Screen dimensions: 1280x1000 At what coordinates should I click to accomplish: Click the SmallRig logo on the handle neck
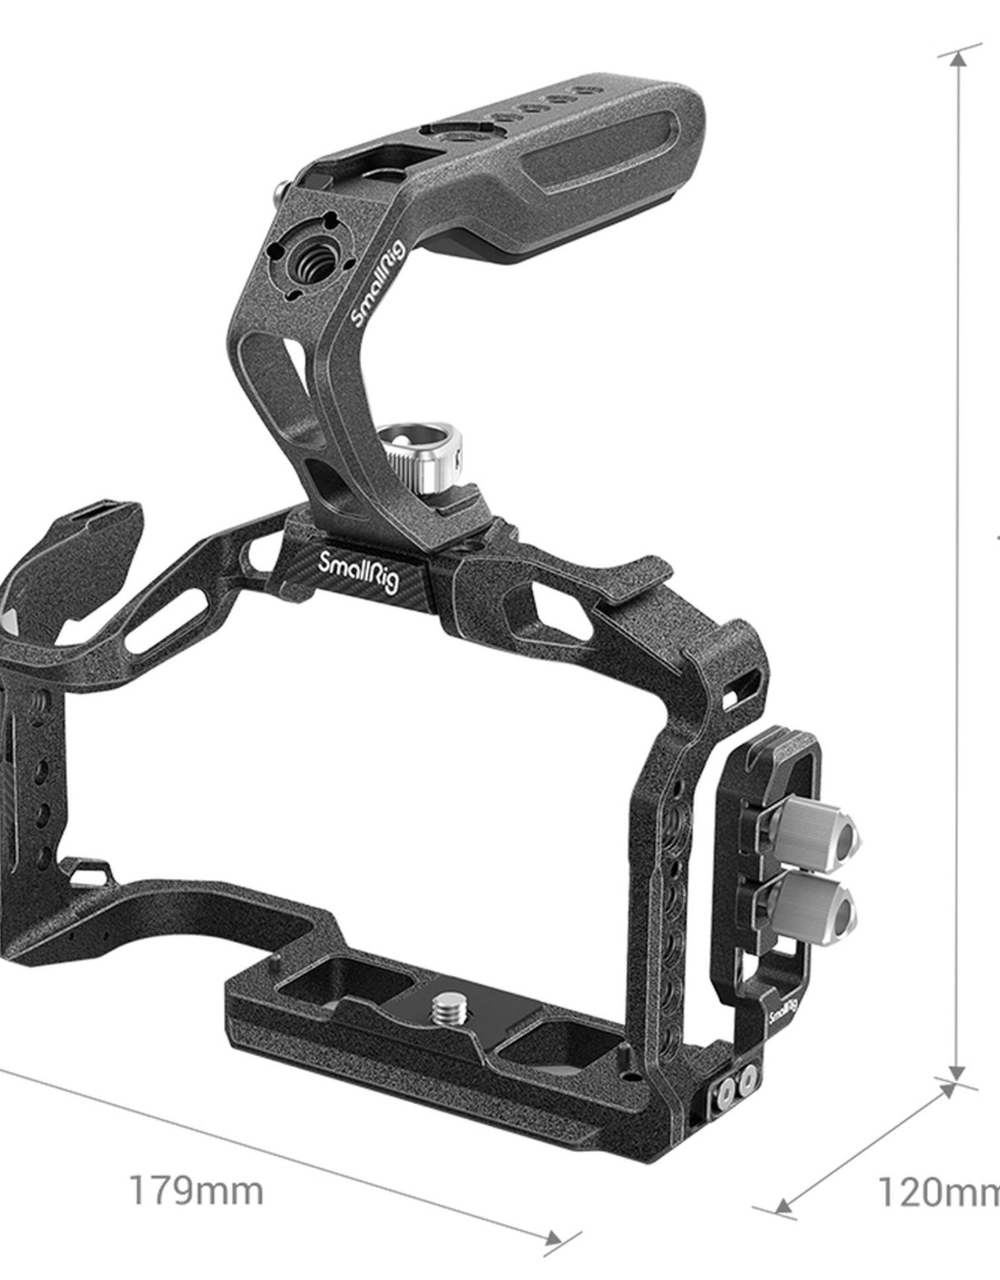[378, 284]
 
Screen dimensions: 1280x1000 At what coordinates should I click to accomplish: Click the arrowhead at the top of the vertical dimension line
[958, 59]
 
